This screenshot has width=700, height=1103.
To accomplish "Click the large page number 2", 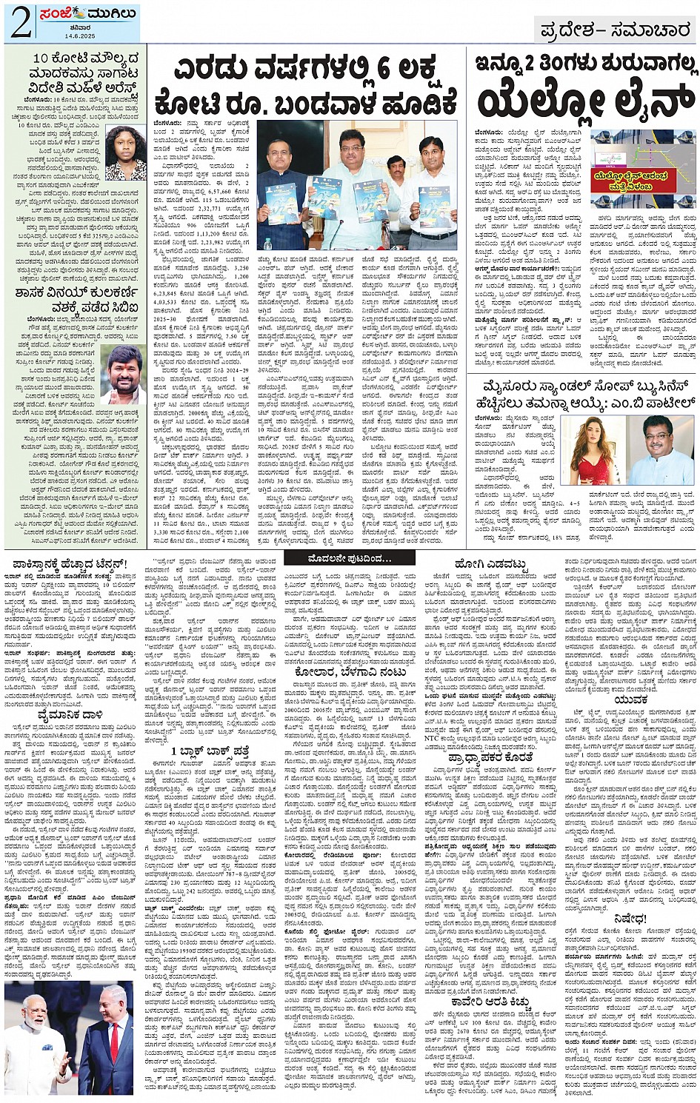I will point(19,24).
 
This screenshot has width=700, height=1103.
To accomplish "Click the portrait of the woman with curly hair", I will point(125,153).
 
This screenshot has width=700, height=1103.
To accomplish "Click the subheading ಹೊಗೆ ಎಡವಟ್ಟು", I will point(492,566).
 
